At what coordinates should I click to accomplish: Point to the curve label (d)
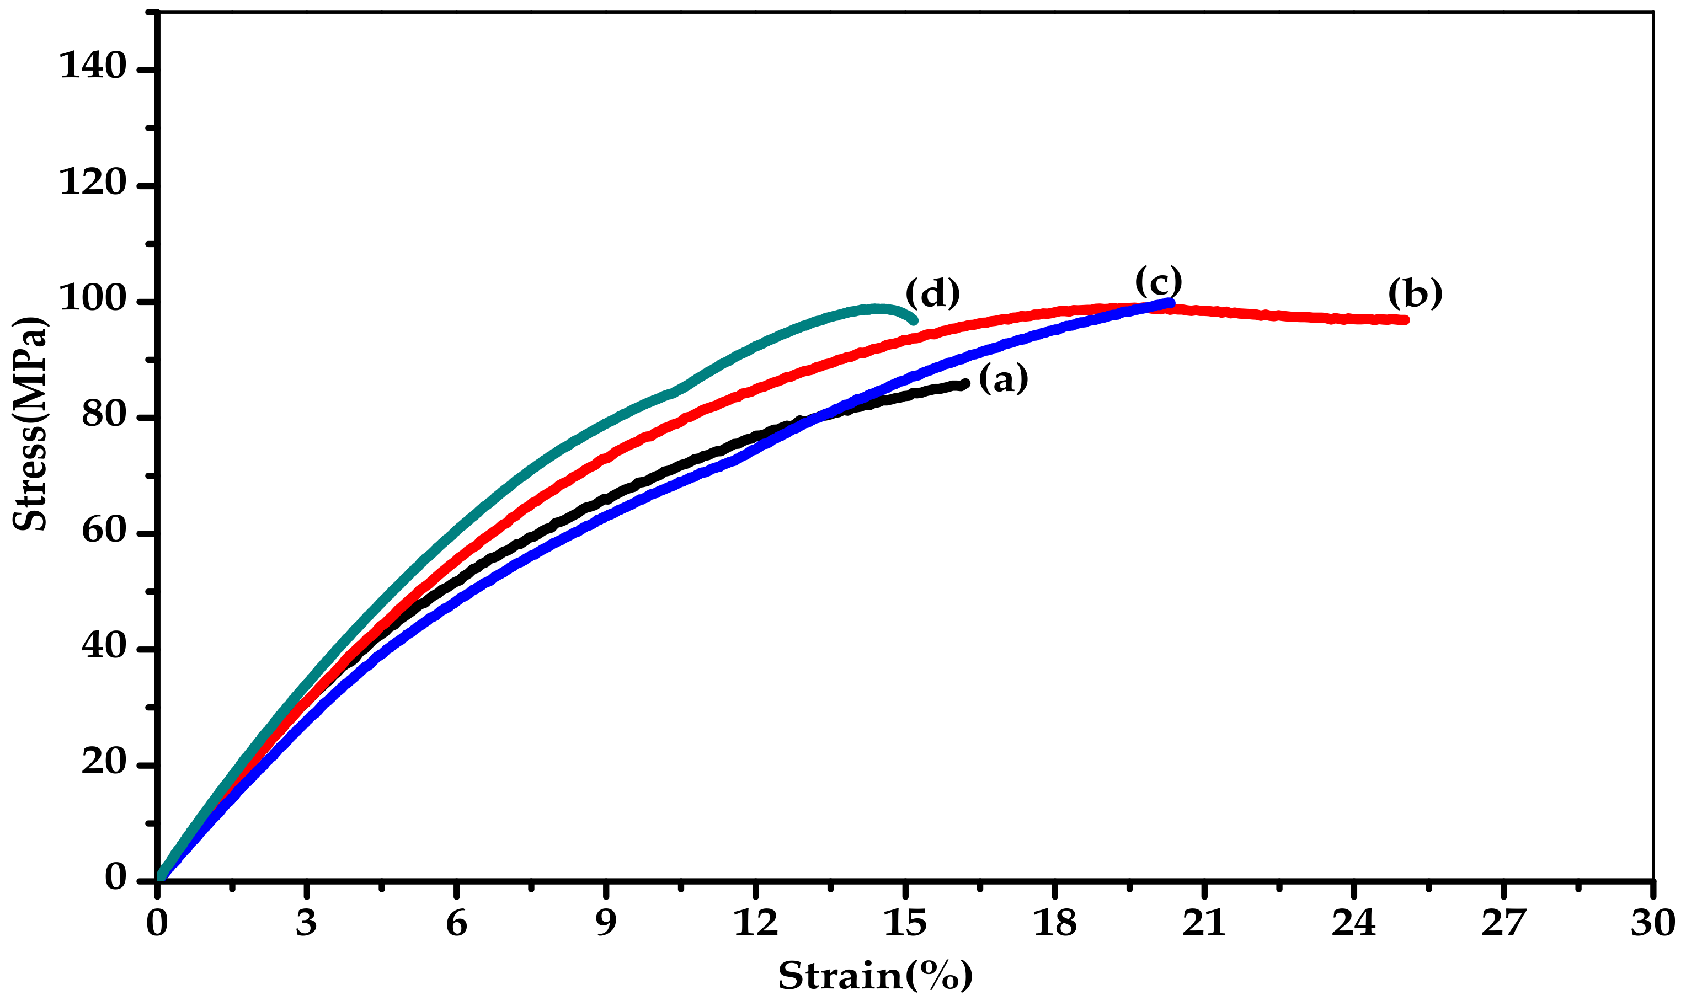(x=933, y=293)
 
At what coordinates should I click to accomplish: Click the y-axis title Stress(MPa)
(x=30, y=423)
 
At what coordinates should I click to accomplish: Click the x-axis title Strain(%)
(x=875, y=976)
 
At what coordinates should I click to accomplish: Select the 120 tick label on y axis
(x=94, y=183)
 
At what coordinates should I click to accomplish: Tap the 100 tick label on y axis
(x=94, y=299)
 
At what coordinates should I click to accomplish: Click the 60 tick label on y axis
(x=104, y=531)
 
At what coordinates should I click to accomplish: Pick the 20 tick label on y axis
(x=104, y=763)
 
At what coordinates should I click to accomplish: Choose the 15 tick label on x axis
(x=905, y=923)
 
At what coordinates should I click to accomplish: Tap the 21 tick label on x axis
(x=1204, y=923)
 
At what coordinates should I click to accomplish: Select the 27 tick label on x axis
(x=1503, y=923)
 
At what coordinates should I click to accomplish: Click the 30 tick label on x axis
(x=1653, y=923)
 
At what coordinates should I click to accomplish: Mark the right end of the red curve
(x=1405, y=320)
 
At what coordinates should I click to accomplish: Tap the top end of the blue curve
(x=1171, y=302)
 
